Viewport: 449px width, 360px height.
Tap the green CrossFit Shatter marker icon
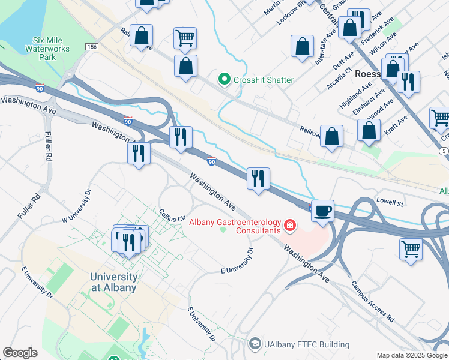point(224,79)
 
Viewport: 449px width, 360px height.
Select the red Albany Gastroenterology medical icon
point(289,226)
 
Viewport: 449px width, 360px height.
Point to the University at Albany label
point(113,282)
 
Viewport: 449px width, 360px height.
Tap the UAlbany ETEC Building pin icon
point(256,344)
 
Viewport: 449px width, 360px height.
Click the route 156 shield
point(91,46)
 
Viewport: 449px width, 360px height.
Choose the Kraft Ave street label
point(396,125)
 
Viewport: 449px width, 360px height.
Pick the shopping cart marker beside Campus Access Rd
point(411,248)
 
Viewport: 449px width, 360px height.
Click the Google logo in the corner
point(20,353)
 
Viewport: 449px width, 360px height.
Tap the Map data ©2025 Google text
point(412,355)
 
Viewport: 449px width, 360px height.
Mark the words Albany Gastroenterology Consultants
point(235,226)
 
